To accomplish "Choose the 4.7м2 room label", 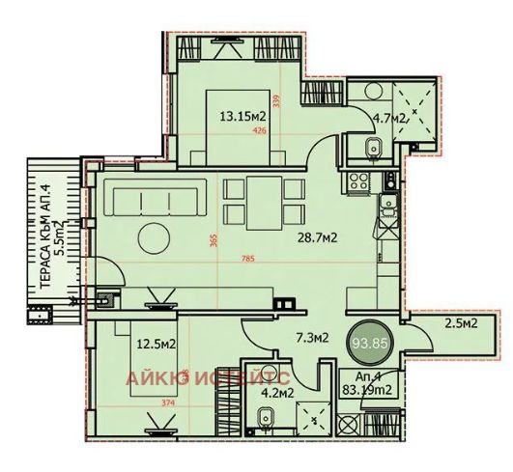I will pyautogui.click(x=391, y=120).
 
